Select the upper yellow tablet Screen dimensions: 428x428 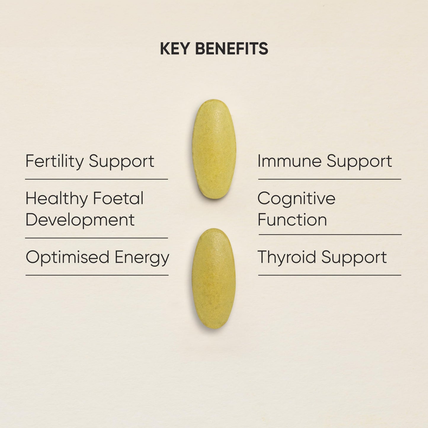(x=214, y=149)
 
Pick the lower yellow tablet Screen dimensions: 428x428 (x=214, y=278)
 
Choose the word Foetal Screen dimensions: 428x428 (x=118, y=198)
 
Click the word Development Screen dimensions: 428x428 (x=80, y=220)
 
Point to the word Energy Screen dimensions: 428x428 (x=142, y=257)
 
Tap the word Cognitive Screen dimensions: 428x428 (x=296, y=198)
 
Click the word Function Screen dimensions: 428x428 (x=292, y=220)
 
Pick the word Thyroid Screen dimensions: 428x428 (x=287, y=257)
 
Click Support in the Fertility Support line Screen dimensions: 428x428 (x=121, y=162)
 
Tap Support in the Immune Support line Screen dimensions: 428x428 (x=359, y=162)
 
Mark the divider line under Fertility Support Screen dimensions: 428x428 (x=97, y=179)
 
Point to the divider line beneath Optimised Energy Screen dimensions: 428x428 (x=97, y=275)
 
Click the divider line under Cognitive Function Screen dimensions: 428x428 (x=330, y=235)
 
